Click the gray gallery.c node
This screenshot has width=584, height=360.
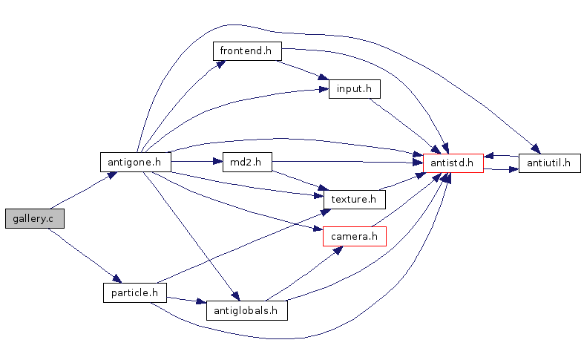pyautogui.click(x=35, y=218)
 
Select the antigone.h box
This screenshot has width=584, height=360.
pyautogui.click(x=136, y=162)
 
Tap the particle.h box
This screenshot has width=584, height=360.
pyautogui.click(x=135, y=292)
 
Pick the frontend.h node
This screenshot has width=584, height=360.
pyautogui.click(x=247, y=51)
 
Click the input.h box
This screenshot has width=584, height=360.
pyautogui.click(x=355, y=89)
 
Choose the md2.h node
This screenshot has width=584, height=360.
pyautogui.click(x=247, y=162)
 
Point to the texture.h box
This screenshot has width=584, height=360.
pyautogui.click(x=355, y=200)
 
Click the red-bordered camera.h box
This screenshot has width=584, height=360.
pyautogui.click(x=355, y=236)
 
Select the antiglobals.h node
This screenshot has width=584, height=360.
pyautogui.click(x=247, y=310)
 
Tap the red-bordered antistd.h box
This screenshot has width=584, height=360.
pyautogui.click(x=453, y=163)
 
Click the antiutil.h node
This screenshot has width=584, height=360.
pyautogui.click(x=550, y=163)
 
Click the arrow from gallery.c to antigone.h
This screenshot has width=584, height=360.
pyautogui.click(x=83, y=191)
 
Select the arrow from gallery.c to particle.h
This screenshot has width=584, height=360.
pyautogui.click(x=85, y=255)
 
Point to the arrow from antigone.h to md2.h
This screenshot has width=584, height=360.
pyautogui.click(x=197, y=161)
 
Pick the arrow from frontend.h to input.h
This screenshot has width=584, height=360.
pyautogui.click(x=303, y=70)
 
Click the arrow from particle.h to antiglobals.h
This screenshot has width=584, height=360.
pyautogui.click(x=186, y=300)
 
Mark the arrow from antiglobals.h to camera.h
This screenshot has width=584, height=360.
pyautogui.click(x=304, y=273)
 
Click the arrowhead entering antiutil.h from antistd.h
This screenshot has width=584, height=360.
pyautogui.click(x=514, y=169)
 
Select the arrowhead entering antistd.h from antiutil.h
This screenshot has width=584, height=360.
pyautogui.click(x=489, y=155)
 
